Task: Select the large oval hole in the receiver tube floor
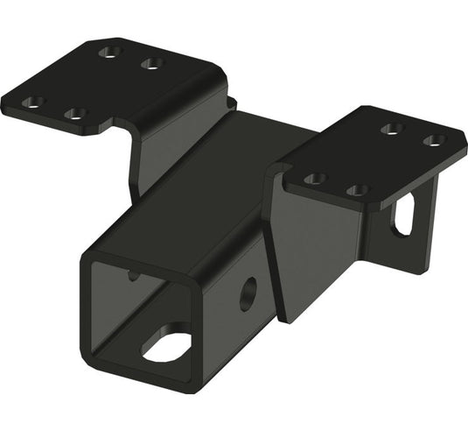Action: (x=165, y=347)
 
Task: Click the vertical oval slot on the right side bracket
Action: (x=403, y=215)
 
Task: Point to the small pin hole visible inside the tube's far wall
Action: (x=132, y=275)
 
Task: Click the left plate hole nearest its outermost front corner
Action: (x=32, y=102)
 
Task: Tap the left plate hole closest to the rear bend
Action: (x=153, y=63)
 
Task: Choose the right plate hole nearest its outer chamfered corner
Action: (x=432, y=140)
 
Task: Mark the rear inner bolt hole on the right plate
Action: (x=392, y=128)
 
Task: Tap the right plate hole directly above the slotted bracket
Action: (x=356, y=189)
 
